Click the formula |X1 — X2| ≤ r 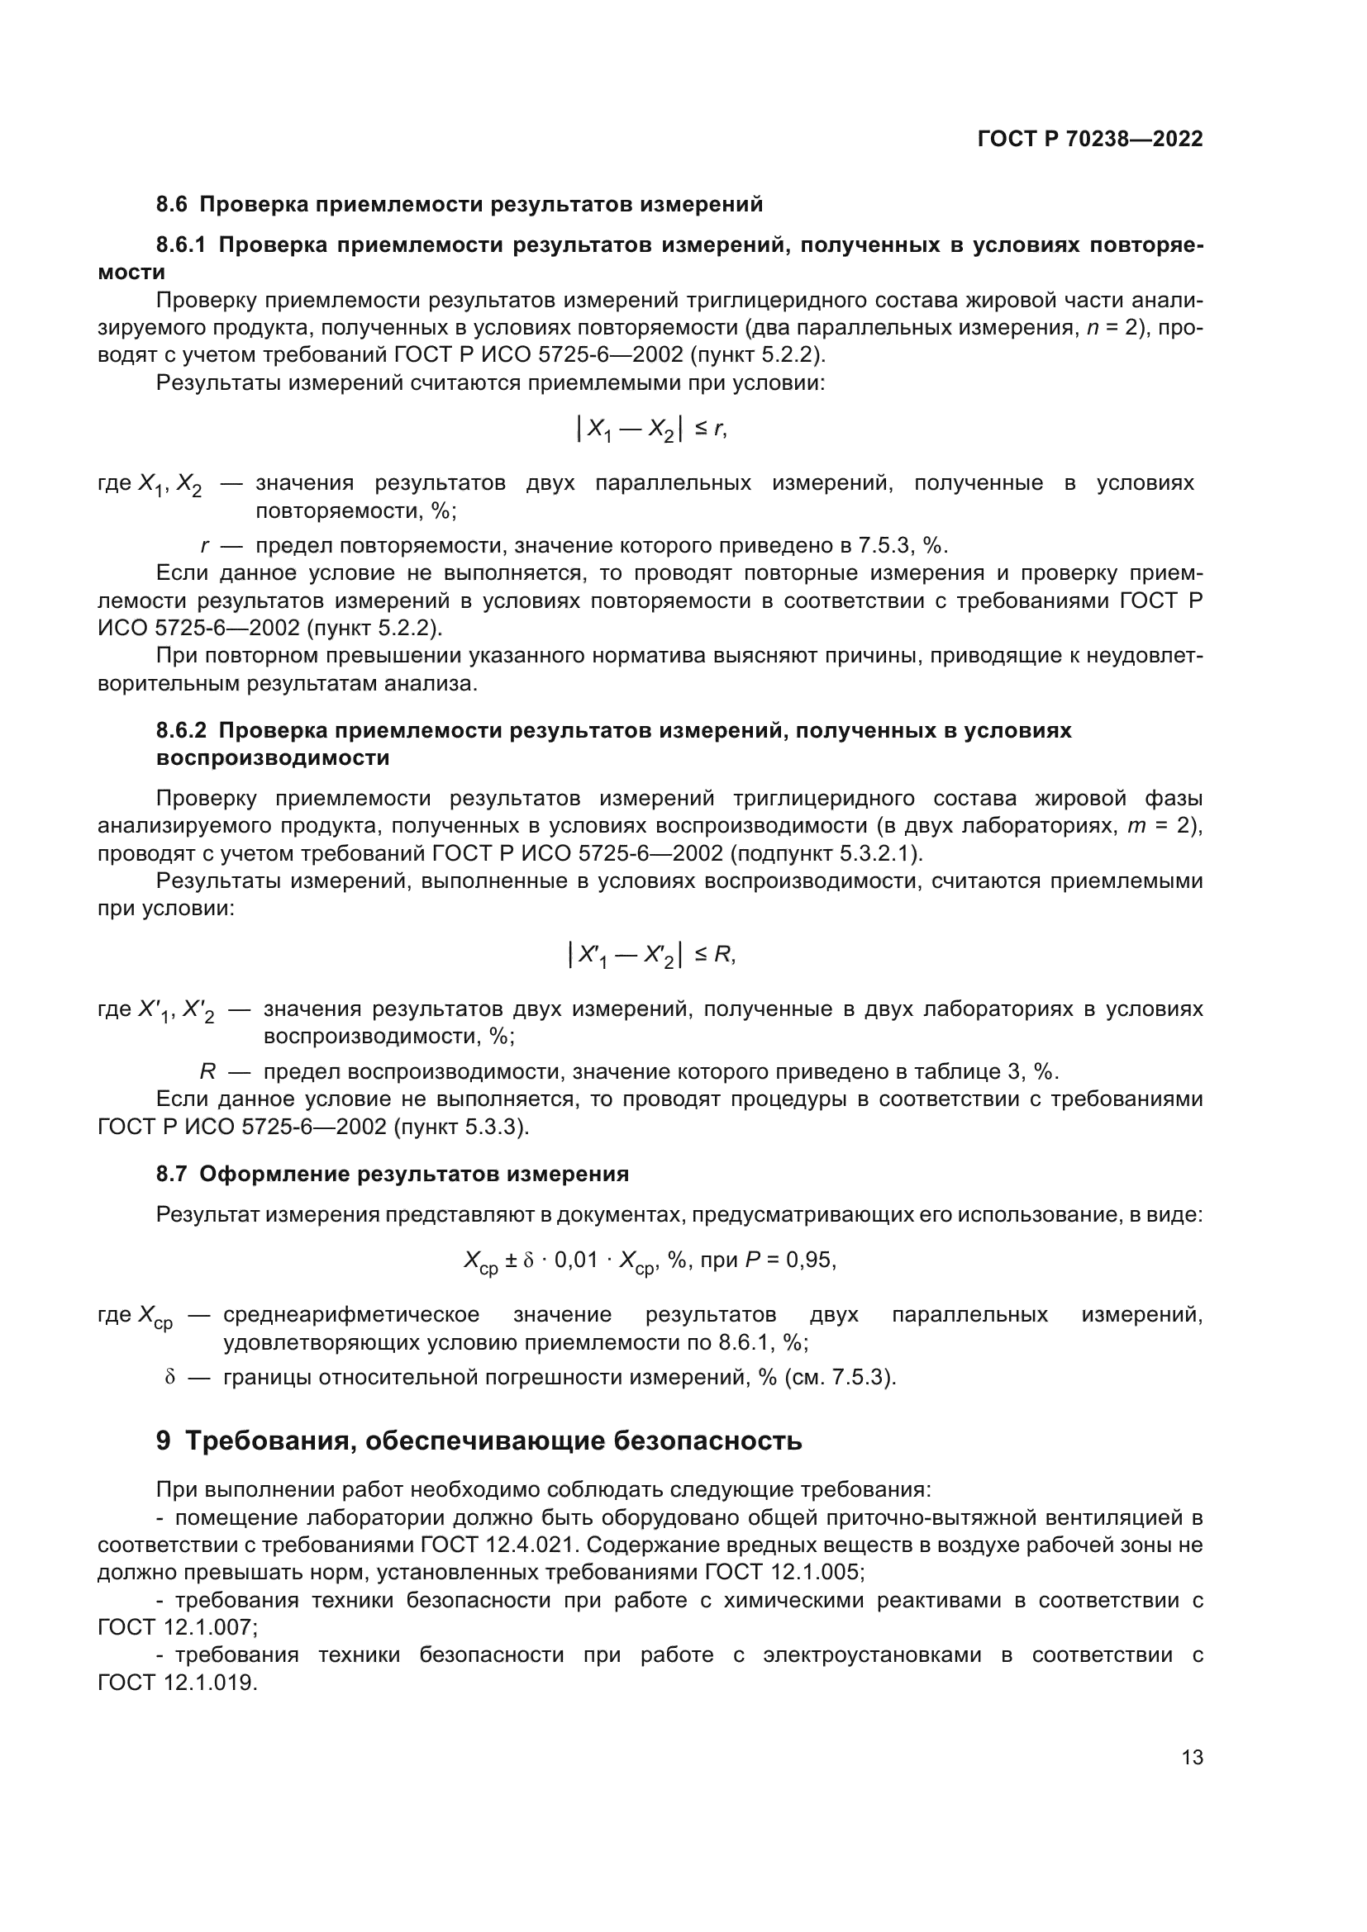(x=650, y=430)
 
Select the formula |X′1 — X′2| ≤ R (x=652, y=955)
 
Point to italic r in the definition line (x=203, y=546)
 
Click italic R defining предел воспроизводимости (x=207, y=1071)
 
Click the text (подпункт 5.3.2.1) (x=826, y=853)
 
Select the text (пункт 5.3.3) (x=461, y=1126)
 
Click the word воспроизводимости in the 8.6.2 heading (x=273, y=757)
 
